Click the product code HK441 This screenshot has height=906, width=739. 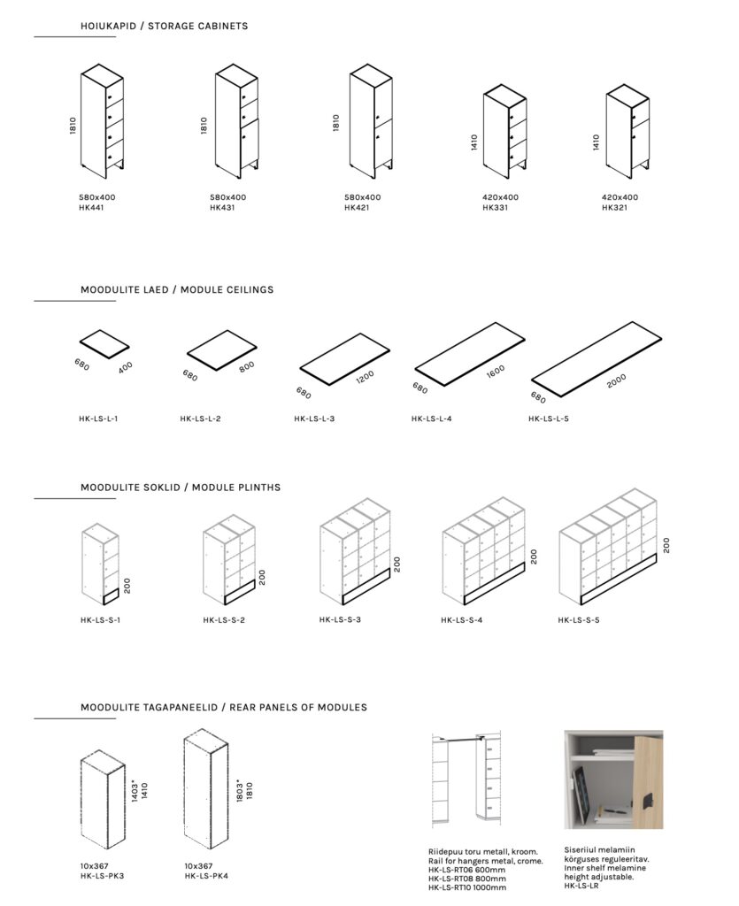click(x=90, y=208)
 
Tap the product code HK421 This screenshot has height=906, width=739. click(x=357, y=208)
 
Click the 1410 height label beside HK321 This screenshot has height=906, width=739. click(x=597, y=143)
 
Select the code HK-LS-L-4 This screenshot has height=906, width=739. click(x=432, y=418)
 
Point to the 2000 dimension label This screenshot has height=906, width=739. click(x=618, y=381)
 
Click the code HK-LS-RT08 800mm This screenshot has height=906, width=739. click(x=467, y=878)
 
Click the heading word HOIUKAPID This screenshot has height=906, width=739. click(x=104, y=26)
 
